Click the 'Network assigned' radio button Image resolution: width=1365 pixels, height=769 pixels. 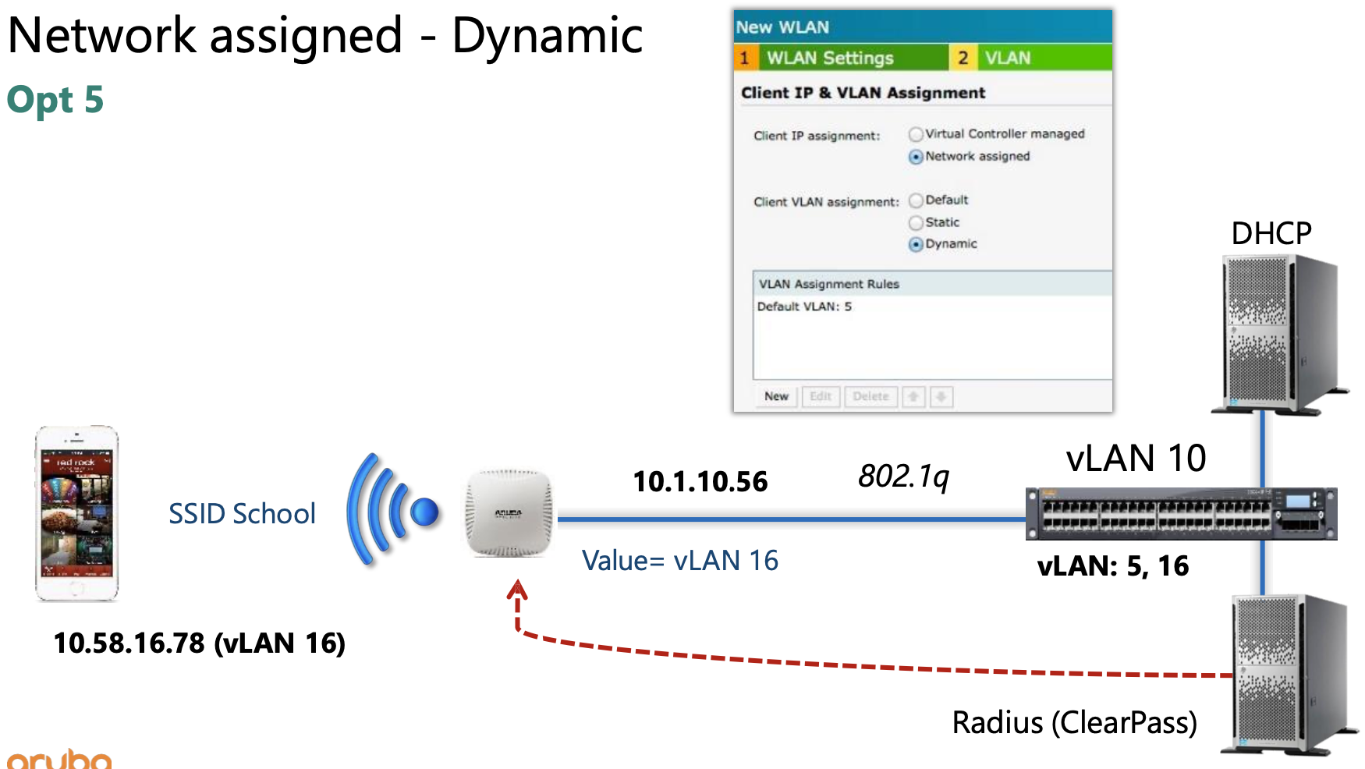(x=916, y=157)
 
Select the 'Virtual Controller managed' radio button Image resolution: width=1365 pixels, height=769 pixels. (x=916, y=135)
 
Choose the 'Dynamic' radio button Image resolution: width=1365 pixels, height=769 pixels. (x=916, y=245)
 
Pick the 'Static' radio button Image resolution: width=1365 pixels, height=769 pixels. (x=916, y=223)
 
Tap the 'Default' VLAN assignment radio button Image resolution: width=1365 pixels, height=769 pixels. (x=916, y=201)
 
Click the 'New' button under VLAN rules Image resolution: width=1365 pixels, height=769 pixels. (x=776, y=397)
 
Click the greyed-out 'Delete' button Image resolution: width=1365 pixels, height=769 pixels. (x=870, y=397)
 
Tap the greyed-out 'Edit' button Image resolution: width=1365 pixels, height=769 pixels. (x=821, y=397)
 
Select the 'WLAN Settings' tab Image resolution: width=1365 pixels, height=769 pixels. (x=830, y=58)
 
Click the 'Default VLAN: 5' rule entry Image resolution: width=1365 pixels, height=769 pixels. (x=805, y=307)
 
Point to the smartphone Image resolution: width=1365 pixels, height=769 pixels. (x=76, y=513)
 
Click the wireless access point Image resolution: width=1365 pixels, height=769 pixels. (x=509, y=513)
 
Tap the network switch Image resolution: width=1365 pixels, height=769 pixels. (x=1181, y=514)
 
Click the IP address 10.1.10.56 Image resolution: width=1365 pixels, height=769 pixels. (x=700, y=482)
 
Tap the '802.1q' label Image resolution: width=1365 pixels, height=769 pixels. (x=903, y=476)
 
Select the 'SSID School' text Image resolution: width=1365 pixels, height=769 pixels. (x=242, y=514)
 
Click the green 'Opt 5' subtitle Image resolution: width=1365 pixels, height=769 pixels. (x=55, y=101)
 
